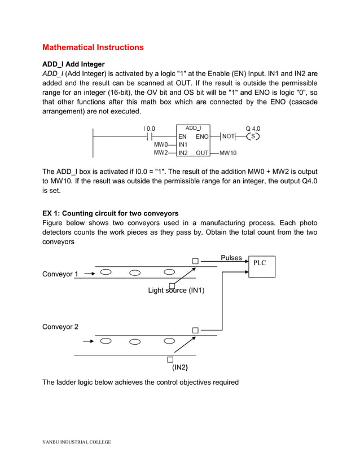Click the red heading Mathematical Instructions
(93, 47)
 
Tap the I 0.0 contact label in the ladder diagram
(149, 129)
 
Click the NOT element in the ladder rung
(228, 137)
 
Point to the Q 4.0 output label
(253, 129)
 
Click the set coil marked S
(253, 137)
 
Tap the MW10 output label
(228, 153)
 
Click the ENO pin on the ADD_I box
(202, 137)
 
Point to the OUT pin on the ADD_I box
(202, 152)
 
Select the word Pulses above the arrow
(231, 258)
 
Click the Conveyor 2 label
(60, 327)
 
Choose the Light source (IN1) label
(176, 291)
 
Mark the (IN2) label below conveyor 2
(180, 367)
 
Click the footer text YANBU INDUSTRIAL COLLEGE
(77, 442)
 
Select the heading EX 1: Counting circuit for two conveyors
(111, 213)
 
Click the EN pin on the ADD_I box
(183, 137)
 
